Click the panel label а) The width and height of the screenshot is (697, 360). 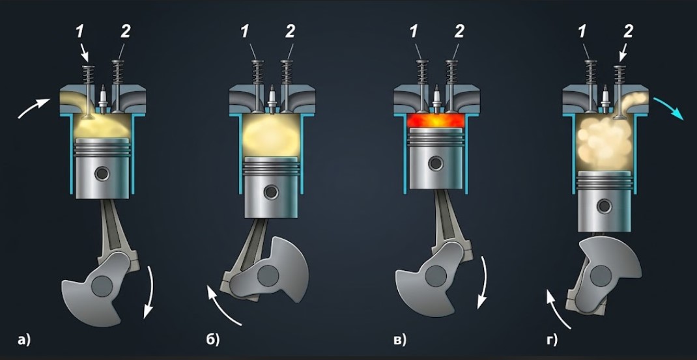[23, 341]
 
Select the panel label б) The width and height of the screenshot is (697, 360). [213, 340]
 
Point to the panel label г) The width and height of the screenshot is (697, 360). [551, 341]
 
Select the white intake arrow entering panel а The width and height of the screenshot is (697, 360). [34, 108]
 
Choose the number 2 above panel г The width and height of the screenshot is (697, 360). [629, 31]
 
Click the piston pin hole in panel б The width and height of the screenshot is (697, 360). [271, 193]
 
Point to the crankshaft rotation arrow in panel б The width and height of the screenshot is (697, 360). [222, 307]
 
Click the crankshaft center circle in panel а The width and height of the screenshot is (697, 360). [102, 286]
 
